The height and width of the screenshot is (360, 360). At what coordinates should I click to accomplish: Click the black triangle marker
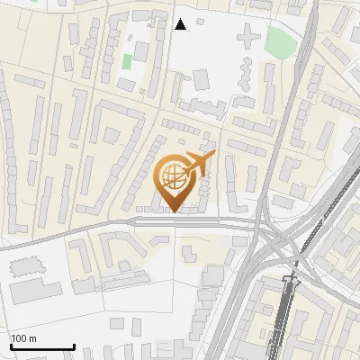pos(180,24)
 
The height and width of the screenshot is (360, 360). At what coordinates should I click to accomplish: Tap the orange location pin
pos(175,182)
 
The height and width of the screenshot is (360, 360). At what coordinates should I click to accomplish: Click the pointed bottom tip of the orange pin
pos(175,211)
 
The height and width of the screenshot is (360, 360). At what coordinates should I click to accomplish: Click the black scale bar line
pos(42,346)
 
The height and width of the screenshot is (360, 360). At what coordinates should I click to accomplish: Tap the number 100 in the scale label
pos(21,338)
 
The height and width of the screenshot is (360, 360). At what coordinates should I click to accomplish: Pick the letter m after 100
pos(34,338)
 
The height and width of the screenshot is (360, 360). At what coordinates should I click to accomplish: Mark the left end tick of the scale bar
pos(11,345)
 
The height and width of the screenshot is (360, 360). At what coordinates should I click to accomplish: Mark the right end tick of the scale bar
pos(74,345)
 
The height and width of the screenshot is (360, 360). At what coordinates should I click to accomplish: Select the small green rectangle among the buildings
pos(127,62)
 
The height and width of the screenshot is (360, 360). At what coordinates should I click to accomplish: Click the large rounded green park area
pos(280,40)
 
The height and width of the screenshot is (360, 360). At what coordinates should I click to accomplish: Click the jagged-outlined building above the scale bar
pos(28,265)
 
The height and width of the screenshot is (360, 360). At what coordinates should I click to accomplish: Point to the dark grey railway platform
pos(285,315)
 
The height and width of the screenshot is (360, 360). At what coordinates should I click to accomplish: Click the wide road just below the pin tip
pos(175,221)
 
